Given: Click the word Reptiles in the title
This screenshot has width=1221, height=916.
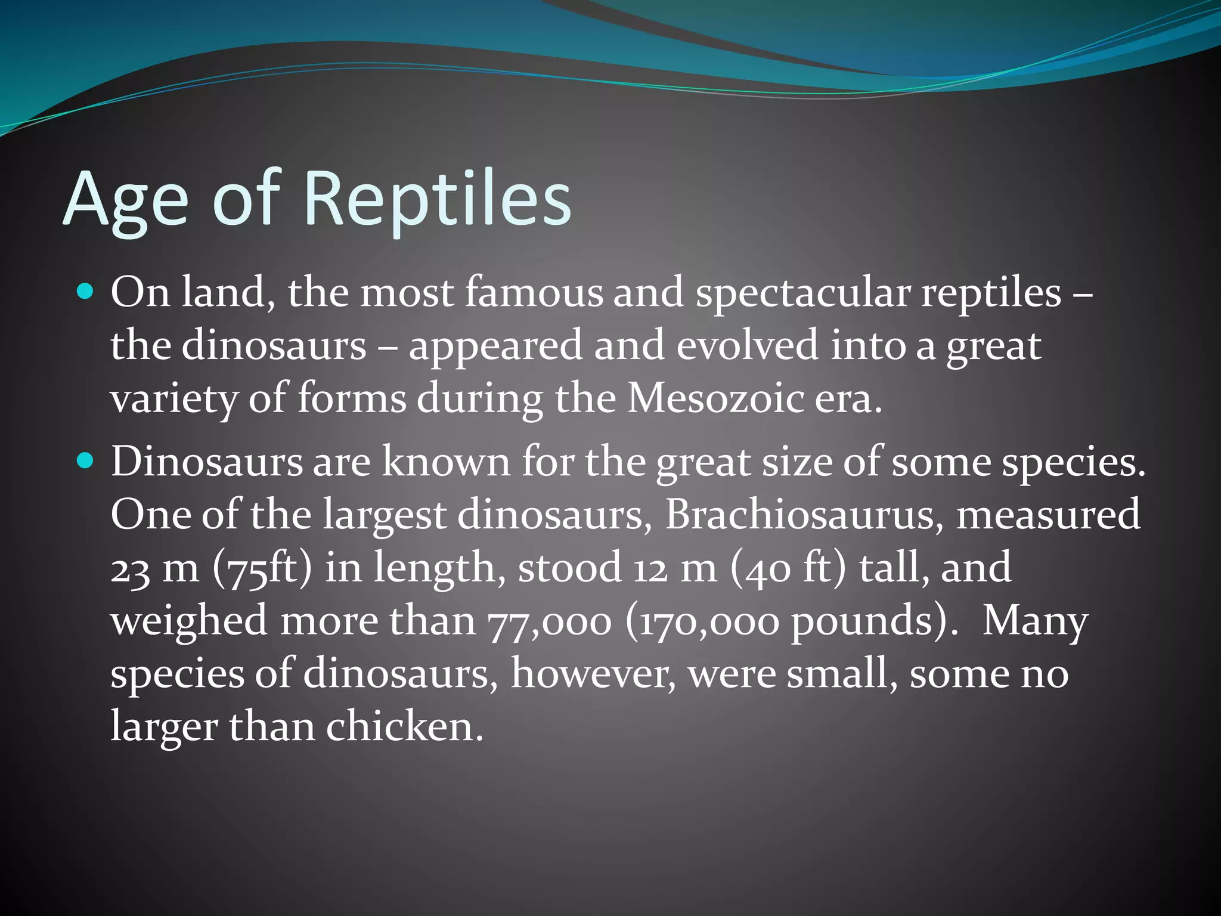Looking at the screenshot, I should pyautogui.click(x=438, y=199).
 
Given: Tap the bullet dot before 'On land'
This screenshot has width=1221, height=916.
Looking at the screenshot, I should pyautogui.click(x=86, y=292).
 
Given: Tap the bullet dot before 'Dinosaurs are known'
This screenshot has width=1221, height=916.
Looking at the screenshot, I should pyautogui.click(x=86, y=460).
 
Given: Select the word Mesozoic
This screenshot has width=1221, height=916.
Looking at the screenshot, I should pyautogui.click(x=715, y=398).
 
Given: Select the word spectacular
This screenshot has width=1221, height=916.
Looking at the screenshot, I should pyautogui.click(x=802, y=293).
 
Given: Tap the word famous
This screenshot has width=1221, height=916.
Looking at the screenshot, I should pyautogui.click(x=534, y=293).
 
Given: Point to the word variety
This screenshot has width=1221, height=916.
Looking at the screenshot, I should pyautogui.click(x=173, y=399).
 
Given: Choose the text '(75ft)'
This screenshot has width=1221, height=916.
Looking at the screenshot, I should pyautogui.click(x=262, y=568).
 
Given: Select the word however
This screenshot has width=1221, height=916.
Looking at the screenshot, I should pyautogui.click(x=593, y=674).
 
